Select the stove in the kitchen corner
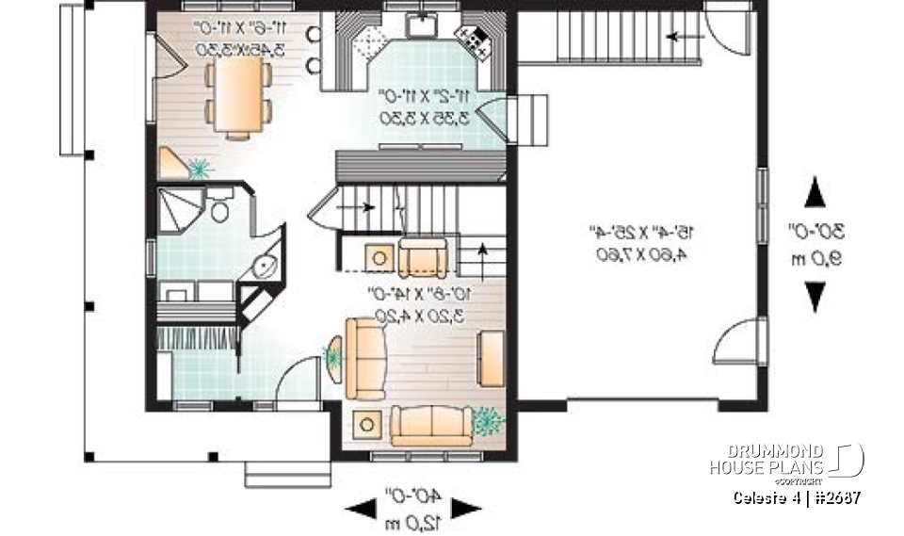tap(471, 39)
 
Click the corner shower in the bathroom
tap(178, 207)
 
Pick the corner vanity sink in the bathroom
tap(264, 265)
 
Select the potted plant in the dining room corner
tap(199, 169)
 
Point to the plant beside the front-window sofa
tap(486, 420)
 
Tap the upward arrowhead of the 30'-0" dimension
tap(815, 195)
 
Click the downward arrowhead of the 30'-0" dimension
tap(815, 298)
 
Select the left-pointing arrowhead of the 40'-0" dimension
tap(360, 510)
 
